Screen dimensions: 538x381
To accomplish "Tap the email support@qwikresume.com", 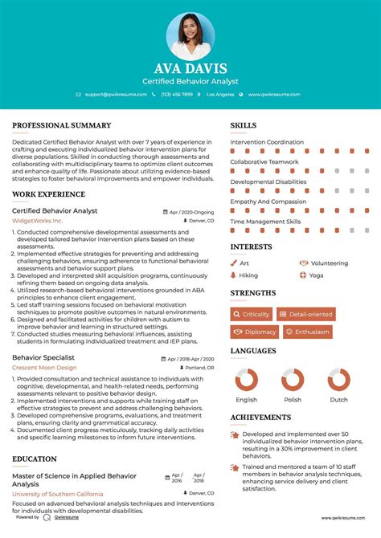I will click(x=116, y=94).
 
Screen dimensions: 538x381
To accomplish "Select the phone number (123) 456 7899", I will click(x=177, y=94).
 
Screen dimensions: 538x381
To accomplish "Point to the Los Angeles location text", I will click(x=220, y=94).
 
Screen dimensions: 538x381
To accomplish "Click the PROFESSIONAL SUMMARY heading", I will click(x=62, y=126).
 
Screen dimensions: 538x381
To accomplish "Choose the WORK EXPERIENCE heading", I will click(x=48, y=195).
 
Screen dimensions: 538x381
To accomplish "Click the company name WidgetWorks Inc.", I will click(x=38, y=220).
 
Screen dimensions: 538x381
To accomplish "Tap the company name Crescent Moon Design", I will click(x=44, y=367).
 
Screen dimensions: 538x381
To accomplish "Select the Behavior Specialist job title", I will click(x=43, y=357).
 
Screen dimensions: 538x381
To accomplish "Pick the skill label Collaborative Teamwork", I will click(x=265, y=161).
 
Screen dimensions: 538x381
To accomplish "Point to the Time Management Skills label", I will click(x=265, y=221).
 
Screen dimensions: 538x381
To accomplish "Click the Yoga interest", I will click(x=316, y=275).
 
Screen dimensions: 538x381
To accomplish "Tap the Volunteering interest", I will click(x=330, y=263).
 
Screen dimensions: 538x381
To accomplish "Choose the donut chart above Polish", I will click(x=293, y=381).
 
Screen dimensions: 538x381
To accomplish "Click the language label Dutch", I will click(x=339, y=399).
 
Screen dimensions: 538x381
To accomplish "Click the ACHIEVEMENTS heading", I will click(x=260, y=418).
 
